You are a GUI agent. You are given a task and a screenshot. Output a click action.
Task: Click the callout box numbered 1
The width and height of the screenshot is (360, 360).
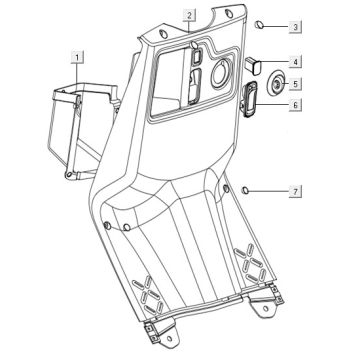point(77,57)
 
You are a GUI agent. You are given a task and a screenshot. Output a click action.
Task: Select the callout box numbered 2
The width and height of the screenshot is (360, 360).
point(189,15)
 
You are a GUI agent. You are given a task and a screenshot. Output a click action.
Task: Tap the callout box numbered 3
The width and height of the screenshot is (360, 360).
point(295,26)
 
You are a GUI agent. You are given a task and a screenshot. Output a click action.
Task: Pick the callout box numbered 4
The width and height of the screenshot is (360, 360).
point(295,62)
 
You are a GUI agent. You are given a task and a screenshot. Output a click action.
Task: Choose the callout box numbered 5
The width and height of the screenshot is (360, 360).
point(295,83)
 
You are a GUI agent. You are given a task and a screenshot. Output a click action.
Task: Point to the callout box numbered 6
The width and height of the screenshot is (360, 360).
point(295,105)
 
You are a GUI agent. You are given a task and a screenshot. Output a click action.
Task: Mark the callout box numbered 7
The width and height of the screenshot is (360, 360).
point(295,191)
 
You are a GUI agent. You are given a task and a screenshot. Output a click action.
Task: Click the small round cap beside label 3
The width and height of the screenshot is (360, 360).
point(259,25)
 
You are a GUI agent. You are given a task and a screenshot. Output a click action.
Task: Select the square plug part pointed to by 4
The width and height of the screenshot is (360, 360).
point(254,65)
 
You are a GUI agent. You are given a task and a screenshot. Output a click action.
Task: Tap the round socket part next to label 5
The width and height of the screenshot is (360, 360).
point(276,84)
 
